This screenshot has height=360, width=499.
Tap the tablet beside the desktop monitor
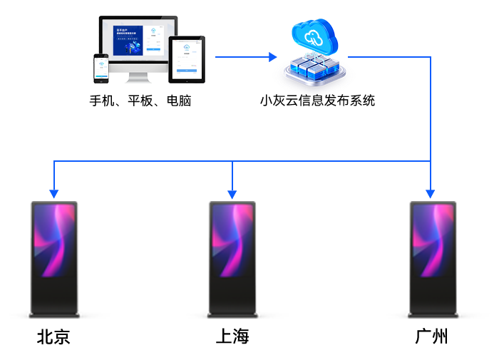(187, 56)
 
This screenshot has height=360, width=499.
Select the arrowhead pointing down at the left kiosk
(53, 192)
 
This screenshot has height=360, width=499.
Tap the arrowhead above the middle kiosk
(232, 192)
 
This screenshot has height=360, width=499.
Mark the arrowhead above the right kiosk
(430, 192)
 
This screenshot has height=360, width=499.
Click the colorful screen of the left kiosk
(54, 240)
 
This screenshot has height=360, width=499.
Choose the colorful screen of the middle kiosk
(232, 240)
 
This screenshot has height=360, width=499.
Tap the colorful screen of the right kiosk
(432, 240)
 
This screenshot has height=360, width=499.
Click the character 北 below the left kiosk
(45, 336)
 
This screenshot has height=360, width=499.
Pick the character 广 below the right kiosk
(423, 336)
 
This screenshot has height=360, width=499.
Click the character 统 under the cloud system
(367, 101)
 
